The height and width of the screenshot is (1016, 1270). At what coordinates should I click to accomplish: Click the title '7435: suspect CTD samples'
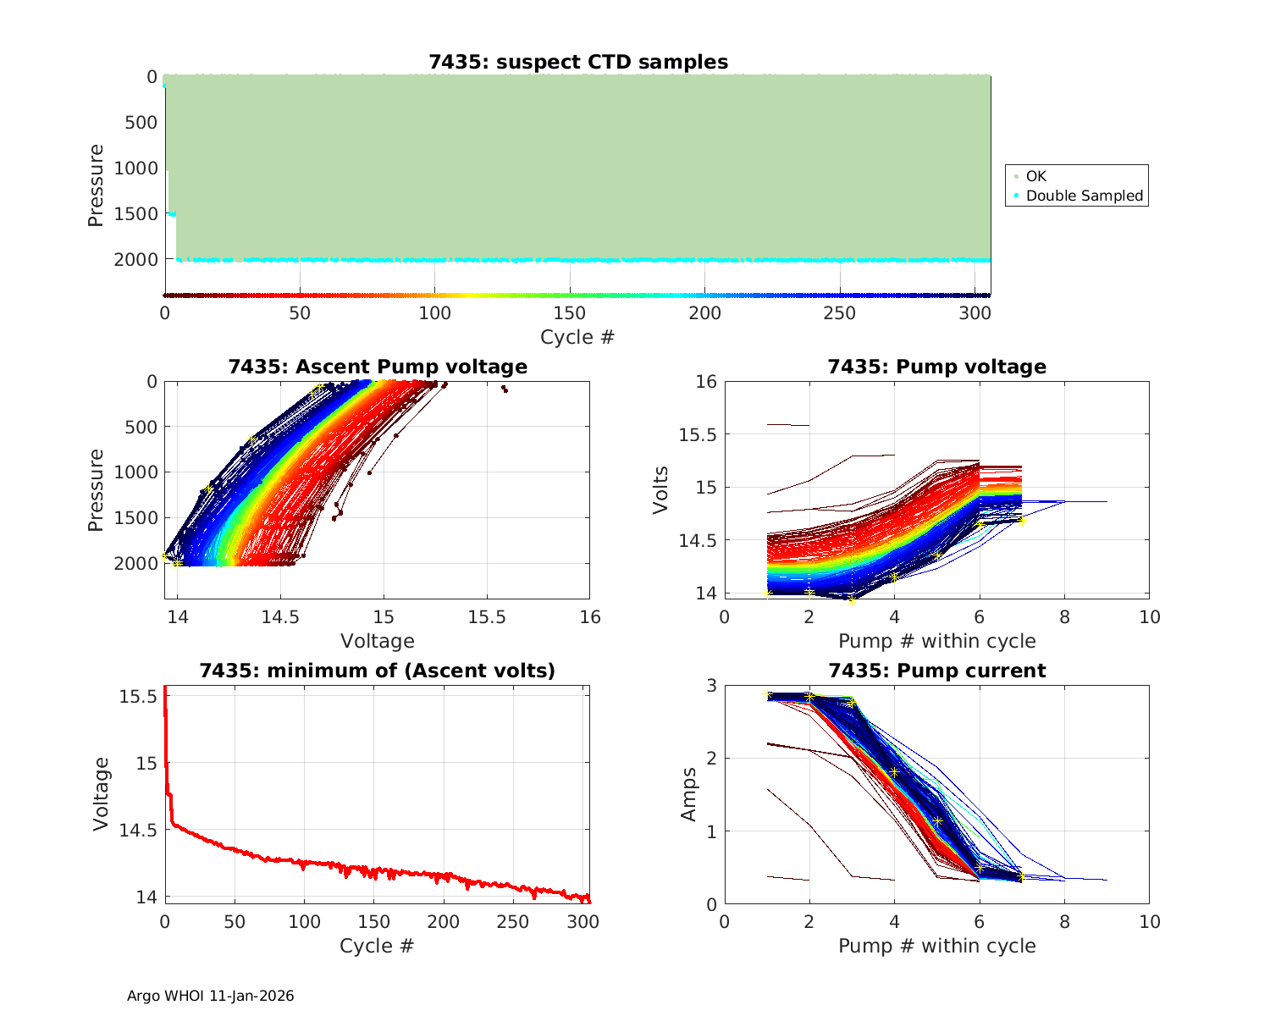click(578, 62)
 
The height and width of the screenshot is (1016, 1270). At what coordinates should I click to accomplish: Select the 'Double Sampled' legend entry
click(1084, 196)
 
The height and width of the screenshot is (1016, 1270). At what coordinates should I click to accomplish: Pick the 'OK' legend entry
click(1035, 176)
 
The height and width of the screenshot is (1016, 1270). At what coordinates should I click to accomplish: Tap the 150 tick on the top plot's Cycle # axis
click(570, 312)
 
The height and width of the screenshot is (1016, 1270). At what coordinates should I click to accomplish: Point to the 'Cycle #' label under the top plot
click(577, 337)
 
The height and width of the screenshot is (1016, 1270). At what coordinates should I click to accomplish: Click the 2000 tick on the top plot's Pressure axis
click(135, 259)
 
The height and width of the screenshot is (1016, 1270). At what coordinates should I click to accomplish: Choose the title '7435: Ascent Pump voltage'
click(378, 367)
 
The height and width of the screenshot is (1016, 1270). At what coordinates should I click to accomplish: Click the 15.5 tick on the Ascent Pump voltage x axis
click(487, 617)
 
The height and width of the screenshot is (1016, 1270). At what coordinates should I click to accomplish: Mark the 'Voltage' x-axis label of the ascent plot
click(378, 641)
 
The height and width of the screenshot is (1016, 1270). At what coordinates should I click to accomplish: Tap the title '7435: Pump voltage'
click(936, 367)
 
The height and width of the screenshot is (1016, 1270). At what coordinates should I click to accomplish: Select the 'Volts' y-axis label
click(661, 489)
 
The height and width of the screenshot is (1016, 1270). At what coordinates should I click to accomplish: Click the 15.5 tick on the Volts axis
click(698, 434)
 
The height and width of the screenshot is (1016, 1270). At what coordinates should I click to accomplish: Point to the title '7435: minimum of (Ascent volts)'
click(378, 671)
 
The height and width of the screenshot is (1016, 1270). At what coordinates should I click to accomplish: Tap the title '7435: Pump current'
click(936, 671)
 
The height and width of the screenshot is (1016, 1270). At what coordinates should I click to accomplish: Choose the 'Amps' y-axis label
click(688, 794)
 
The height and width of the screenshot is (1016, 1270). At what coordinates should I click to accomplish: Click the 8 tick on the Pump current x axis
click(1064, 922)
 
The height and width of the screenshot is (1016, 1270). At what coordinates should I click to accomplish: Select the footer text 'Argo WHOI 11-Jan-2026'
click(211, 996)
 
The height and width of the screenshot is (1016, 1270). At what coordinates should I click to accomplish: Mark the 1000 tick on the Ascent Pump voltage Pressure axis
click(135, 472)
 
